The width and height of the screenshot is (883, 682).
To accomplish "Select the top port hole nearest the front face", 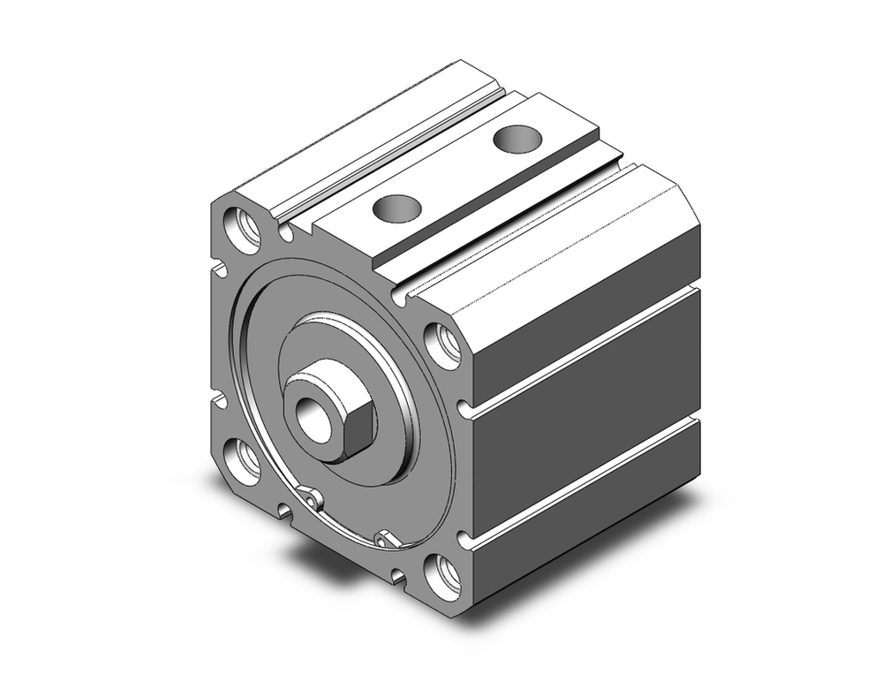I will coord(395,208).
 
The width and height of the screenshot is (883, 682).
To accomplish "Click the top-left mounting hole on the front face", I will coord(244,227).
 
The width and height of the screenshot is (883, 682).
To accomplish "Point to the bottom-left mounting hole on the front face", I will coord(241,460).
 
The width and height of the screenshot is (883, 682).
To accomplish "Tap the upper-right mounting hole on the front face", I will coord(444,345).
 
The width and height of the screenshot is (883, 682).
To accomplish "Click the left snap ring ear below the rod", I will coord(310,500).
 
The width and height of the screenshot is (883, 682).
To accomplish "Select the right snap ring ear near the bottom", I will coord(382,538).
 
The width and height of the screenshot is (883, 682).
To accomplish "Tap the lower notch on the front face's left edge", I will coord(217,401).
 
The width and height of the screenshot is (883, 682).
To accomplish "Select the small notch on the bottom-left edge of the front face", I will coord(283,509).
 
